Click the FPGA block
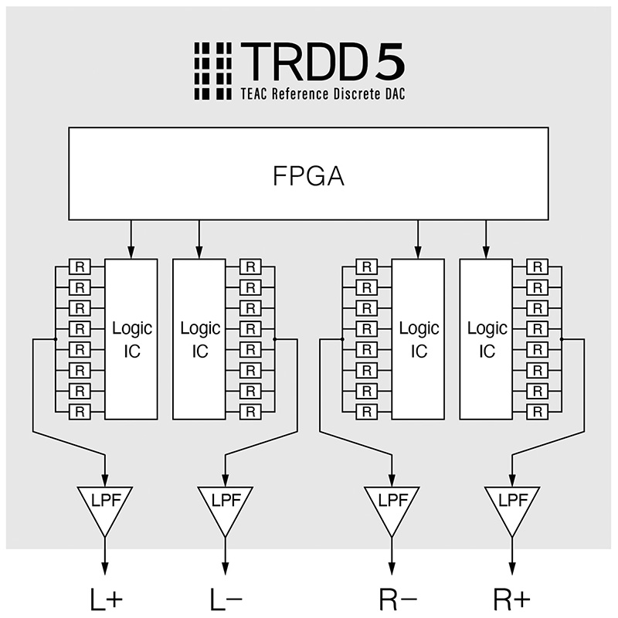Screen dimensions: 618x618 point(309,174)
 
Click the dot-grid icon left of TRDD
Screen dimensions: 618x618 point(212,70)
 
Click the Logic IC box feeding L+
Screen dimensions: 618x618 point(131,339)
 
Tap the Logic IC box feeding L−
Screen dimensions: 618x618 point(199,339)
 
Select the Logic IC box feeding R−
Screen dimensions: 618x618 point(419,339)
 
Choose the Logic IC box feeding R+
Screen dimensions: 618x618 point(486,339)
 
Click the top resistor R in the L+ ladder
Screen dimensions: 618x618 point(80,267)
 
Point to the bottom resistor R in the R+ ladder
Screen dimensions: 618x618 point(538,410)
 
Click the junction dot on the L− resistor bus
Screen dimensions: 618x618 point(275,338)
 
